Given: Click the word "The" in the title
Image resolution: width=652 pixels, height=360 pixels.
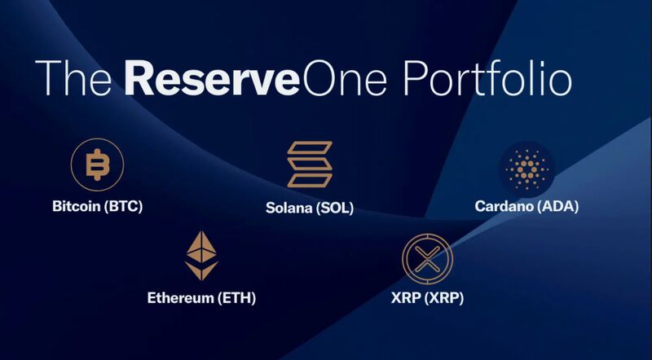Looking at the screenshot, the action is (x=73, y=77).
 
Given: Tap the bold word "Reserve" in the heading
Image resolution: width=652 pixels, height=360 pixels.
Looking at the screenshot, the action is (x=212, y=78).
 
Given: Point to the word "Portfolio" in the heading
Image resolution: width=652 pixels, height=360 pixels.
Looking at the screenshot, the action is (x=487, y=77).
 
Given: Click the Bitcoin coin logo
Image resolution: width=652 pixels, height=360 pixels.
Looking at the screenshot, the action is (x=97, y=165).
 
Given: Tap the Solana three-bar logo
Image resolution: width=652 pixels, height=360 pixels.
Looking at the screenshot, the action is (x=310, y=165).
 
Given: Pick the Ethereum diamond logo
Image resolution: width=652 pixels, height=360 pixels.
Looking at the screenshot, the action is (x=201, y=255).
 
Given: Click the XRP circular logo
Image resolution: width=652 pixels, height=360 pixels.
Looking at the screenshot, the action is (x=427, y=258).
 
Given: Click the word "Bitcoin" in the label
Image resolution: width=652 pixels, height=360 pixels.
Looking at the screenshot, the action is (x=76, y=206).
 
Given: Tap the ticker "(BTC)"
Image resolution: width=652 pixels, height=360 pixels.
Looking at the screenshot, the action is (x=123, y=207).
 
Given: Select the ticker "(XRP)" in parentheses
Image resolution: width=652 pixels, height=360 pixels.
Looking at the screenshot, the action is (x=443, y=298).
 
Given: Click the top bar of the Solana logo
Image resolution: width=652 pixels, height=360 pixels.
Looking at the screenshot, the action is (x=310, y=148).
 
